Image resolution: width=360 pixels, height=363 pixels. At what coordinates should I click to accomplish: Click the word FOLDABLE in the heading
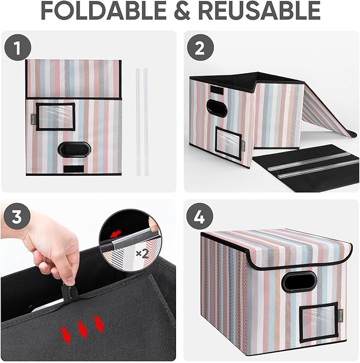[x=103, y=11]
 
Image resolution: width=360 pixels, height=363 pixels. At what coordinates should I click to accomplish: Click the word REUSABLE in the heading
[x=259, y=11]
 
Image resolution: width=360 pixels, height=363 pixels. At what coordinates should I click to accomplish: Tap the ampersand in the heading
[x=182, y=11]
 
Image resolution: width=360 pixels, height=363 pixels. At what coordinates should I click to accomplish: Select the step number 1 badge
[x=17, y=48]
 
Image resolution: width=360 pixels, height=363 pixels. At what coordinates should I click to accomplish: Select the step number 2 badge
[x=200, y=48]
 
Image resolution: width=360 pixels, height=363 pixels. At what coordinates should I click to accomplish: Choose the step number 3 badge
[x=17, y=216]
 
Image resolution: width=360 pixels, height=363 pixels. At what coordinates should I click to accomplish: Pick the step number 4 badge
[x=200, y=216]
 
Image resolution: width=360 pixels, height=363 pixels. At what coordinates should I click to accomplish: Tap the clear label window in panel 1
[x=55, y=117]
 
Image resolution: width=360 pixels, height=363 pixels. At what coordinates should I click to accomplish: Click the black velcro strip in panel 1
[x=74, y=169]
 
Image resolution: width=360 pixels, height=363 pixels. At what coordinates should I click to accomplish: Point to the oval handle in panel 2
[x=217, y=108]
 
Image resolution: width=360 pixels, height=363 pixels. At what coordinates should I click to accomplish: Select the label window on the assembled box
[x=318, y=323]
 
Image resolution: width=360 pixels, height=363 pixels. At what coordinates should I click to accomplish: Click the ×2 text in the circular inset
[x=142, y=254]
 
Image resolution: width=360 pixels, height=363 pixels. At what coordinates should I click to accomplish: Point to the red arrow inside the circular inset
[x=116, y=234]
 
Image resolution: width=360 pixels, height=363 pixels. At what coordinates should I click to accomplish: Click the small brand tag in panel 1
[x=33, y=119]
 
